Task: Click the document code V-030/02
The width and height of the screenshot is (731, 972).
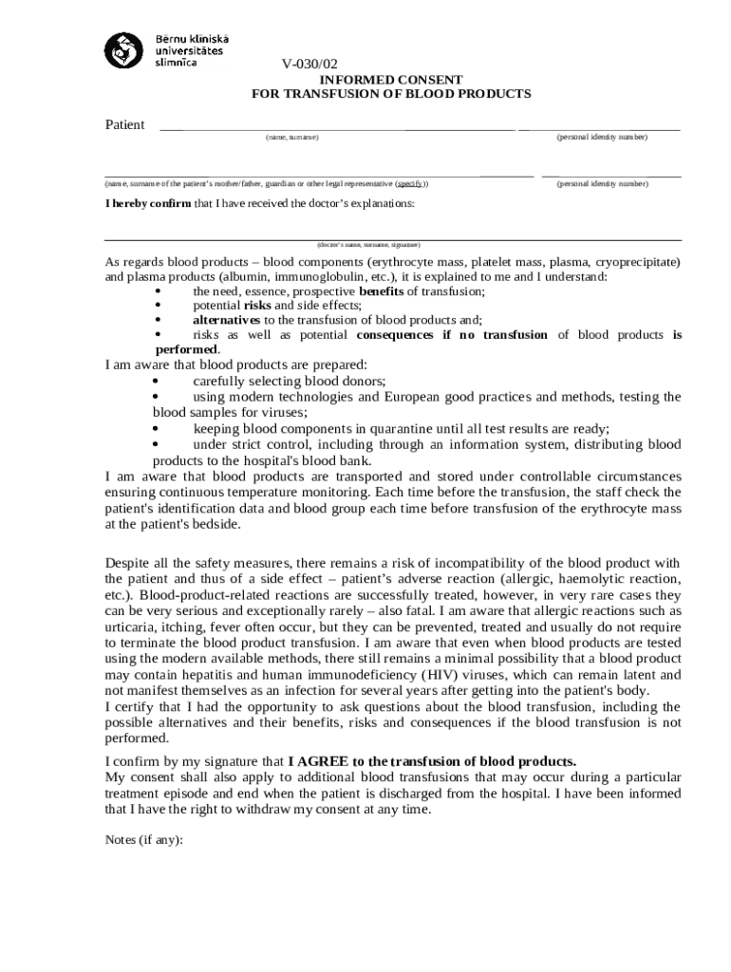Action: (x=309, y=65)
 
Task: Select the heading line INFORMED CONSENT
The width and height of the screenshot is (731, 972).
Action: (x=390, y=80)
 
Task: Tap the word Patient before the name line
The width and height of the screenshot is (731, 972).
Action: (x=124, y=125)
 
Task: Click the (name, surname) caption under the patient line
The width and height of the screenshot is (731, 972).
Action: (x=292, y=138)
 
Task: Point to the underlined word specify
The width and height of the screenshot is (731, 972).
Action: (x=410, y=183)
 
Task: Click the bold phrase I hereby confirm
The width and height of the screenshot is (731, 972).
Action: (x=148, y=203)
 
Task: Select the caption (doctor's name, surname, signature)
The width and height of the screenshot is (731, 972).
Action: (x=368, y=244)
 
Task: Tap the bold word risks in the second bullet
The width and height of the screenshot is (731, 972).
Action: (x=257, y=306)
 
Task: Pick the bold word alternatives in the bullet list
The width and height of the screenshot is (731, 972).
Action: (x=227, y=320)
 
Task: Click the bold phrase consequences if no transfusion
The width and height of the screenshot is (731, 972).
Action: (x=452, y=334)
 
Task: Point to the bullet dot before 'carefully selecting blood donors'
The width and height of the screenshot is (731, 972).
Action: (x=157, y=381)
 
